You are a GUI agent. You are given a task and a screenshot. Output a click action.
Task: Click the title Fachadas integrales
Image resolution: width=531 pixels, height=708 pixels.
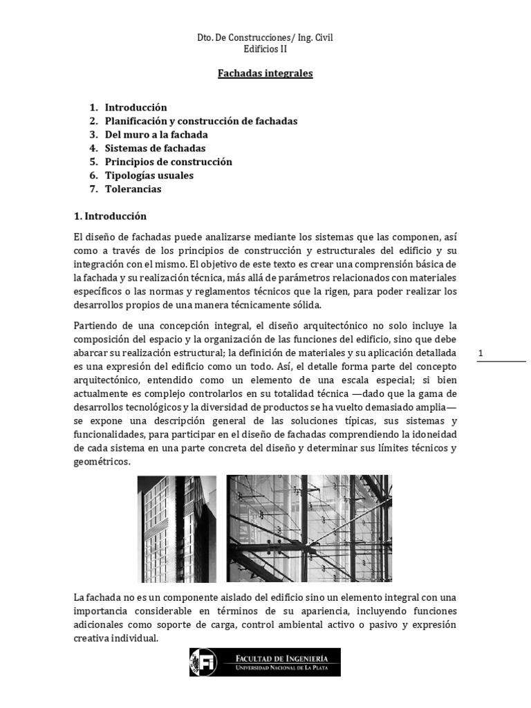[x=265, y=73]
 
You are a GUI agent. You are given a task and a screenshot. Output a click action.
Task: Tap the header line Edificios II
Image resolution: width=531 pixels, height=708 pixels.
[x=265, y=49]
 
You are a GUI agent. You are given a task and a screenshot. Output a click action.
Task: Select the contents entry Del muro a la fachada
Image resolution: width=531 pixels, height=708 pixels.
[x=156, y=135]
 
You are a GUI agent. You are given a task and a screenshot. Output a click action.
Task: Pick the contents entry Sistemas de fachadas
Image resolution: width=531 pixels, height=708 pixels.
[x=155, y=148]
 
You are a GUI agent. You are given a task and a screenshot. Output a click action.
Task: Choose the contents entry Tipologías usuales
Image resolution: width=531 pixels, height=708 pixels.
[x=149, y=176]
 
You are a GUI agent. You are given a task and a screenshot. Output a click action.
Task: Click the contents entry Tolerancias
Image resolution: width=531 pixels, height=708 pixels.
[x=133, y=189]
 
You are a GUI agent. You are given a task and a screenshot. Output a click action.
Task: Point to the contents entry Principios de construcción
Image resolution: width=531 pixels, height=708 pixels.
[x=168, y=162]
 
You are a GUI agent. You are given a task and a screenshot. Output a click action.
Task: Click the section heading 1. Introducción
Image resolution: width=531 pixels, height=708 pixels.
[x=110, y=216]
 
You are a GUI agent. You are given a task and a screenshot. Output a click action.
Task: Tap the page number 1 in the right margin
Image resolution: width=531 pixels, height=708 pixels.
[x=481, y=354]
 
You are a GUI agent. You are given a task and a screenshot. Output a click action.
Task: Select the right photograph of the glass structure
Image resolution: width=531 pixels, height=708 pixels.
[x=308, y=528]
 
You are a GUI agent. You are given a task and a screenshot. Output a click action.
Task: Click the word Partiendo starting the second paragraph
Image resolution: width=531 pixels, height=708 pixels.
[x=96, y=325]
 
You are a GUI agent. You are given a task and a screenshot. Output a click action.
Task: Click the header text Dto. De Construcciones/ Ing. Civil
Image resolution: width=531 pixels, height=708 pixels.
[x=265, y=37]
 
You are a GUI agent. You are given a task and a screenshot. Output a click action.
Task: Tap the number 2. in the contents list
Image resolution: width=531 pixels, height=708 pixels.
[x=93, y=121]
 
